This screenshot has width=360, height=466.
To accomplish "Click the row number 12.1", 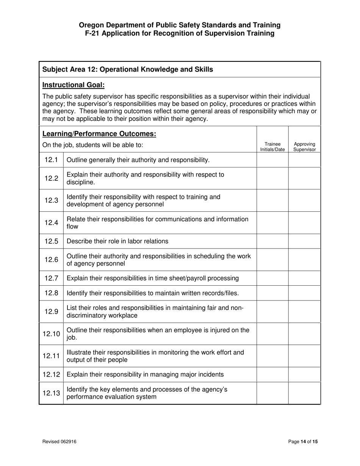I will tap(51, 160).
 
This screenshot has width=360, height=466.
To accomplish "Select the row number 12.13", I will tap(51, 393).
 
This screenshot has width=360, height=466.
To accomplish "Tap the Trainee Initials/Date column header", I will tap(272, 147).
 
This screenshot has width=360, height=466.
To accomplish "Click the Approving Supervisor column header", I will tap(305, 147).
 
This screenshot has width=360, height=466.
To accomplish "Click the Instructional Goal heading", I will tap(74, 85).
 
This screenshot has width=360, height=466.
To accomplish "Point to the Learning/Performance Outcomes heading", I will tap(99, 134).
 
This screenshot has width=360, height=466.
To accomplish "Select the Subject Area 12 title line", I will tap(127, 69).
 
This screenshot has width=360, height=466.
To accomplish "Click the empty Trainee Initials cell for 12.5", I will tap(272, 241).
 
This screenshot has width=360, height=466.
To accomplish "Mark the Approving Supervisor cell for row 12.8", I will tap(304, 293).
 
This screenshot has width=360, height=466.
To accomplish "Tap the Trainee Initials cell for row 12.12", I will tap(272, 375).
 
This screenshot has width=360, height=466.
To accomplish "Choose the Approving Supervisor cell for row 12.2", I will tap(304, 178).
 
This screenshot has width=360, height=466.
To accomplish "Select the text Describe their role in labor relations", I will tap(117, 241).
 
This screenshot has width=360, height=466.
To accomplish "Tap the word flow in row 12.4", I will tap(72, 227).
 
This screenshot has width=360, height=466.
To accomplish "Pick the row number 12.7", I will tap(51, 278).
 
